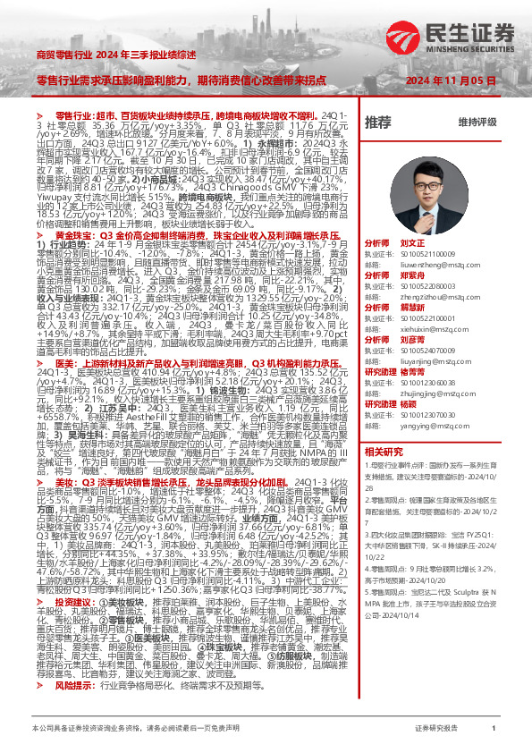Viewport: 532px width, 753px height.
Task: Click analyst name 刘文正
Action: point(413,242)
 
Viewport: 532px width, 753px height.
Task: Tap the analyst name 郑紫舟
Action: point(413,276)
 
